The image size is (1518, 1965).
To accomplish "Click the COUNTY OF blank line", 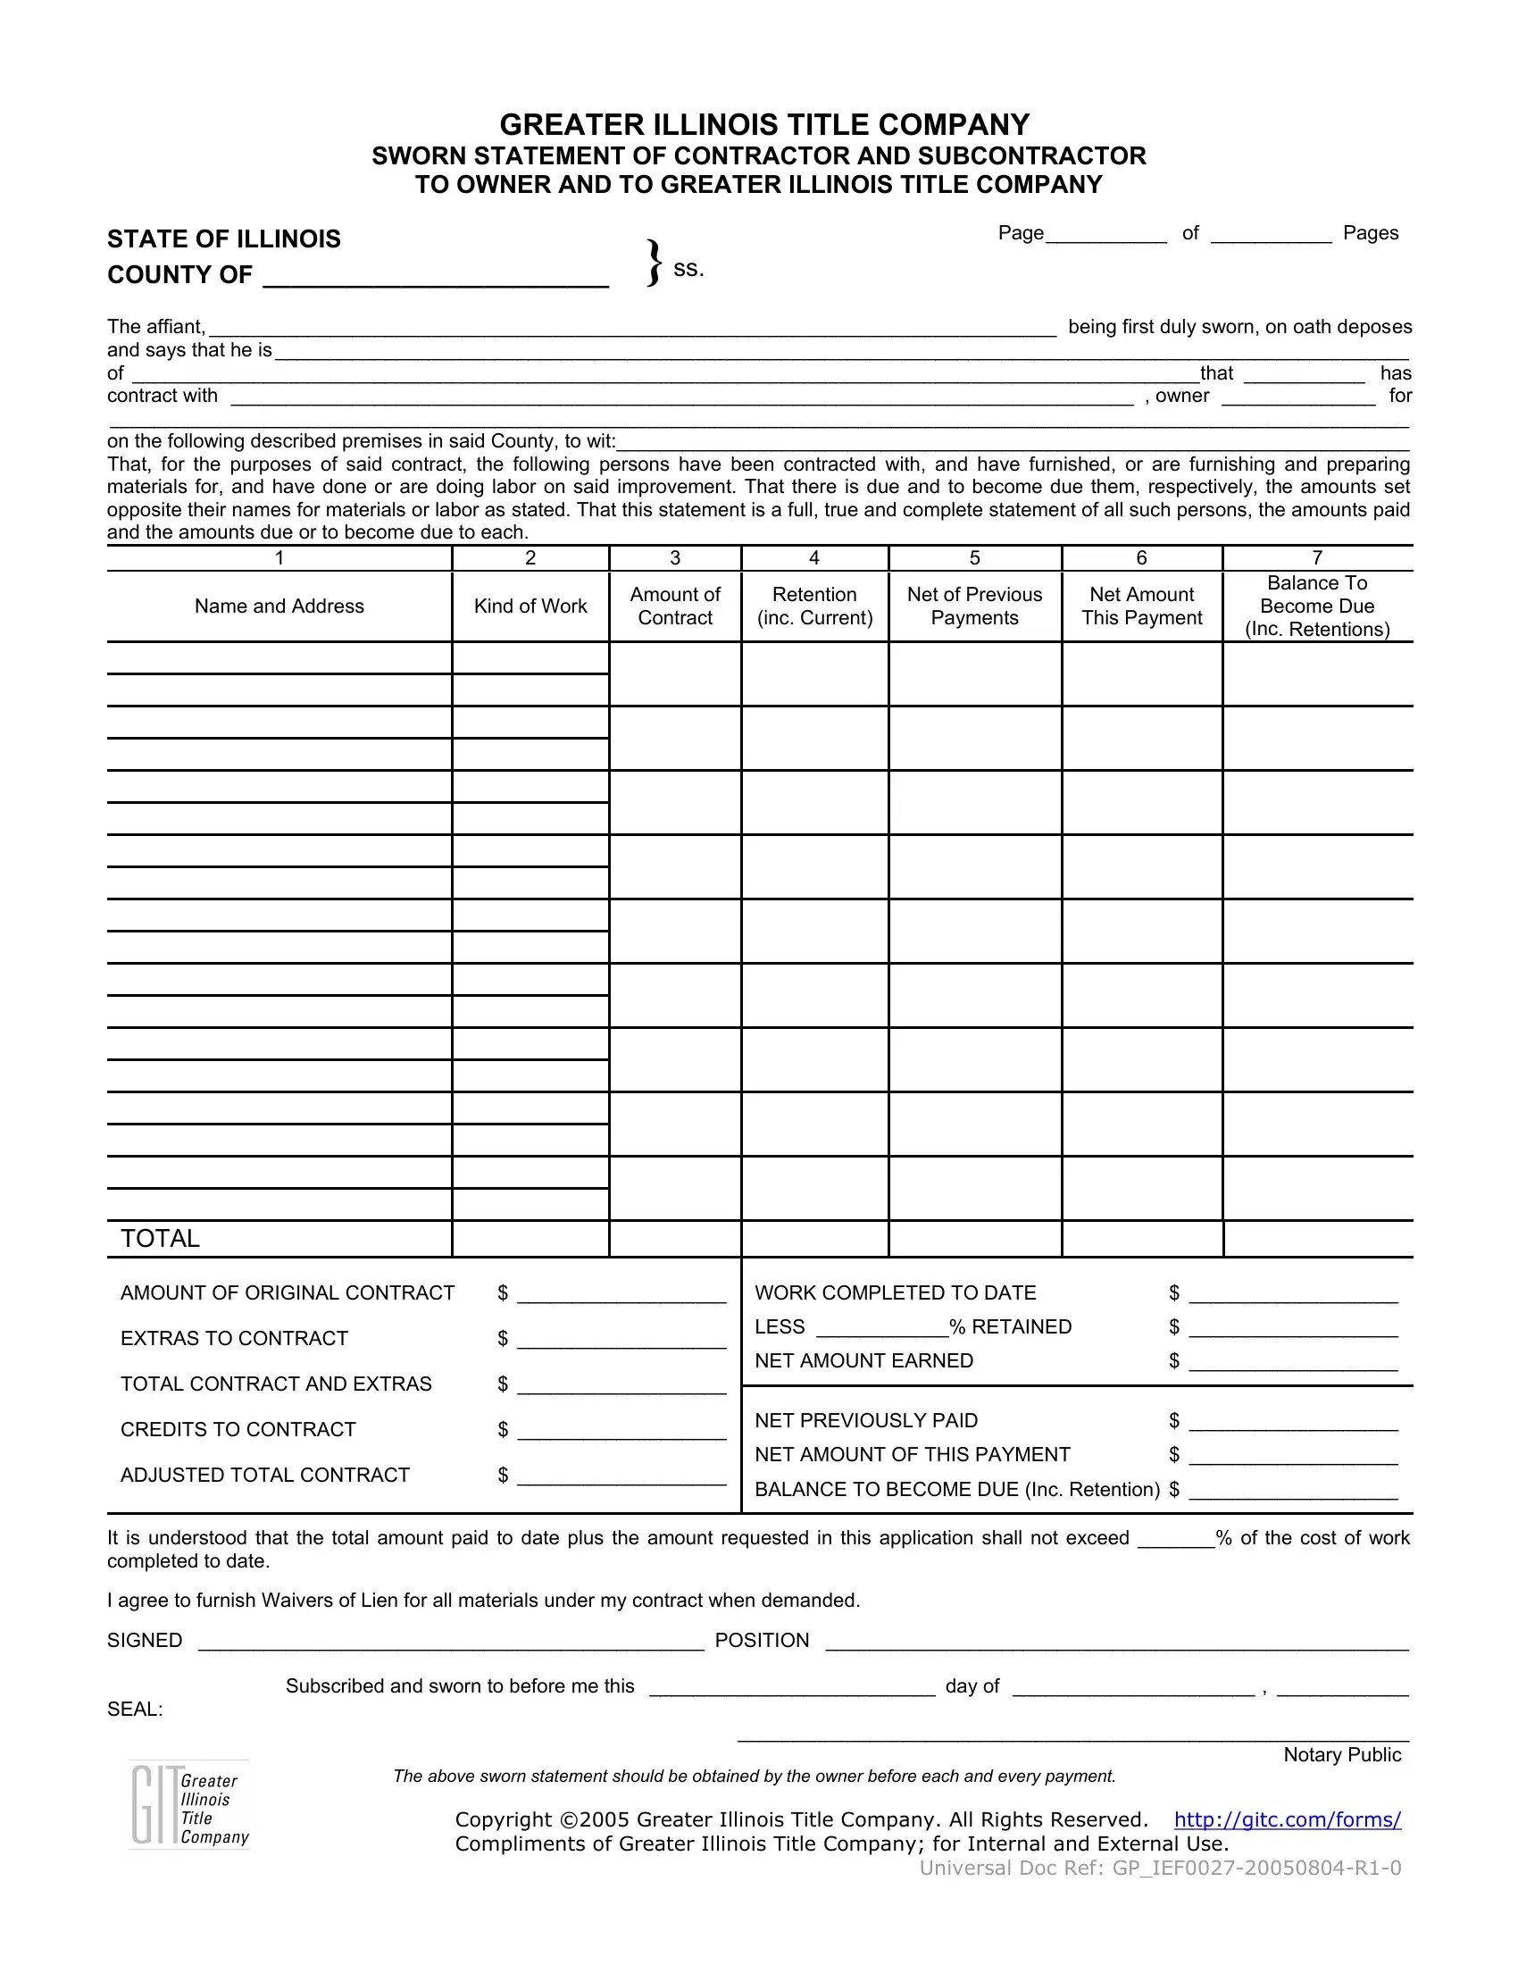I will [435, 279].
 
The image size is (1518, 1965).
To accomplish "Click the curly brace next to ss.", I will [655, 263].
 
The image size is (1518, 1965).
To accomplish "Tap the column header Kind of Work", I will [530, 606].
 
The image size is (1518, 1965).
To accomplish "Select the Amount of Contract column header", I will [674, 606].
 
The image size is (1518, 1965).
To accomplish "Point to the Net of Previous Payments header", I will [974, 606].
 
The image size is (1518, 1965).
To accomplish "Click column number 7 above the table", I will [1316, 558].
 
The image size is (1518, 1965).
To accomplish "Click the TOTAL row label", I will [160, 1239].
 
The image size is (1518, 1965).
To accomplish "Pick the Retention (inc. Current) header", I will [813, 606].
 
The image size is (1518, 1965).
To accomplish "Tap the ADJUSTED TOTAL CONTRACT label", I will [264, 1476].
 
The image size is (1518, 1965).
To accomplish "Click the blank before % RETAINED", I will [881, 1329].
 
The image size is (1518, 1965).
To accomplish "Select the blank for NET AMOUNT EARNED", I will [1292, 1363].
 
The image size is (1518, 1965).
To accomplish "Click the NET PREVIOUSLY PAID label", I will [865, 1421].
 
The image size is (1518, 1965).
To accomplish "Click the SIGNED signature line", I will [450, 1642].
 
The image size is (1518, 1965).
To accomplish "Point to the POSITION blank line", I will [1115, 1642].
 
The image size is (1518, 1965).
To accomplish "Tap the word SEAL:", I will [135, 1710].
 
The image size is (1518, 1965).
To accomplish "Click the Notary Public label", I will [1342, 1755].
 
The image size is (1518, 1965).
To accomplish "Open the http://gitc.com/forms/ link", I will [1287, 1820].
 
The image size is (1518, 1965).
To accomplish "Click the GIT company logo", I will [188, 1805].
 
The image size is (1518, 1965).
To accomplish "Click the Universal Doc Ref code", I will [1159, 1869].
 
